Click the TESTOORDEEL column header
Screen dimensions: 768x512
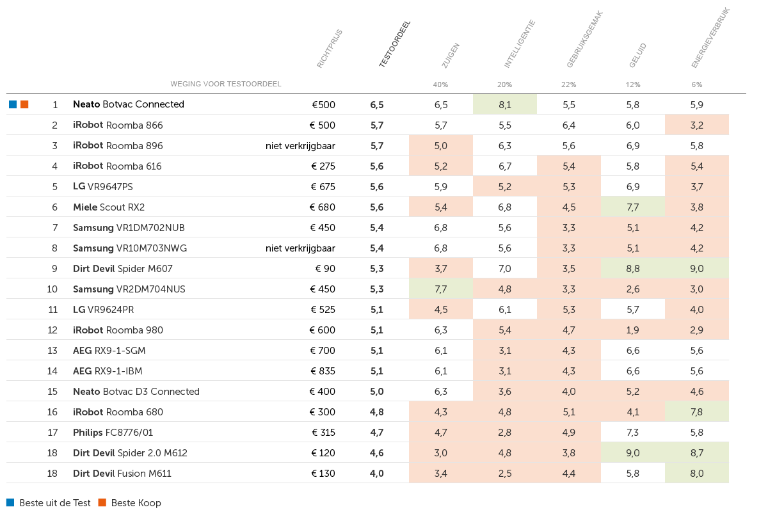(395, 44)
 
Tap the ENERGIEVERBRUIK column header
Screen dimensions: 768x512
(710, 38)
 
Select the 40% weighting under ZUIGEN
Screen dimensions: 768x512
(440, 84)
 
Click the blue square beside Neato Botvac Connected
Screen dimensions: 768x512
(13, 104)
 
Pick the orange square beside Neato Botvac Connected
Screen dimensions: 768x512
(24, 104)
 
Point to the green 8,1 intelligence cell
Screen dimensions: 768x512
(505, 104)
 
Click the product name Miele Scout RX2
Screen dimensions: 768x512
(109, 207)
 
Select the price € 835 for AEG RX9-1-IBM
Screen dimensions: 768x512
(323, 371)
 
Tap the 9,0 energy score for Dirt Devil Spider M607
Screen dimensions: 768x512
(697, 269)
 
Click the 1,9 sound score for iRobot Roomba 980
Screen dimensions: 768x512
(632, 330)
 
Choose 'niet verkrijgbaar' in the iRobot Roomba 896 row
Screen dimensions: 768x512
(300, 146)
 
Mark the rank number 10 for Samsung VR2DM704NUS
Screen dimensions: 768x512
(52, 289)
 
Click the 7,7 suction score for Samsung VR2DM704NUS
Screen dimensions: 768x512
(440, 289)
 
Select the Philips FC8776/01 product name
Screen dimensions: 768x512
(113, 433)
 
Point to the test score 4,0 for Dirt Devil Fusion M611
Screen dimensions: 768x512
(376, 473)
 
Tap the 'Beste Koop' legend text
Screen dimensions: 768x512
(136, 503)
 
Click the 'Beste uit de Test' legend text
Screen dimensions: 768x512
(55, 503)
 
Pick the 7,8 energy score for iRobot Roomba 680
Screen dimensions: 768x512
(697, 412)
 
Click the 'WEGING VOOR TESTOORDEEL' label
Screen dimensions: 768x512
(226, 84)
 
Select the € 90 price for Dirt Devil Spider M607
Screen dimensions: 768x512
(325, 269)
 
